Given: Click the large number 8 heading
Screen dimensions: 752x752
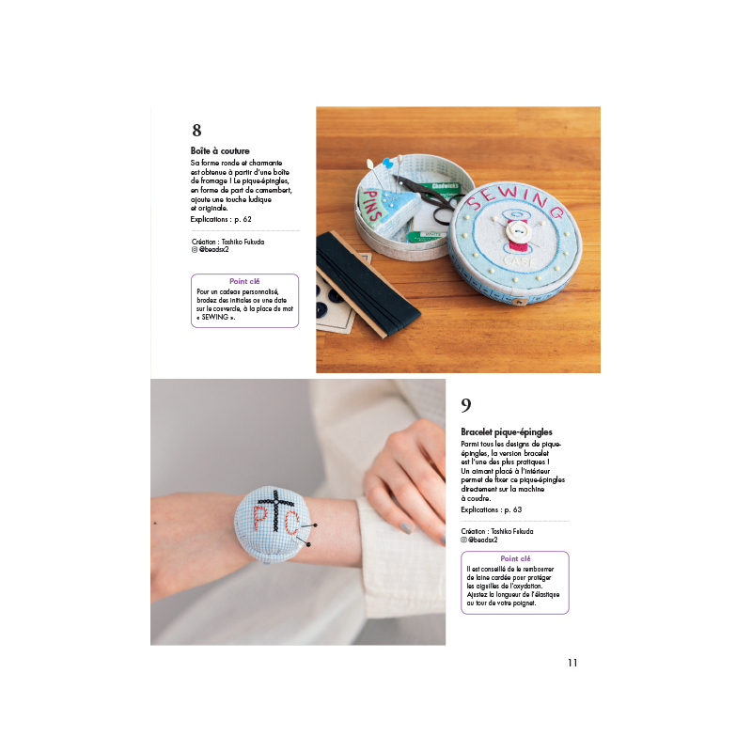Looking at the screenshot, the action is [x=196, y=131].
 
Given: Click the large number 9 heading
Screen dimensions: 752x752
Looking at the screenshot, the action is [x=466, y=405].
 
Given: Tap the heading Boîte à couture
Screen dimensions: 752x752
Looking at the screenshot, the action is [x=220, y=150].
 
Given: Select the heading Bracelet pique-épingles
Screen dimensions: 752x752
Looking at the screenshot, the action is [x=507, y=432].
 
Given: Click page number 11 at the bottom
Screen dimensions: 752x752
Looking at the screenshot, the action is [x=572, y=663].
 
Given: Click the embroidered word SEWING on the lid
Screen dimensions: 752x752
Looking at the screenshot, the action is [x=515, y=200].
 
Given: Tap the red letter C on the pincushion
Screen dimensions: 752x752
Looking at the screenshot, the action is [x=291, y=523].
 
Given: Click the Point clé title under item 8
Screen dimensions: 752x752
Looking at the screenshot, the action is [x=244, y=281].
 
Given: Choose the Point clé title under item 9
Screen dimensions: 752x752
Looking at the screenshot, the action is [x=515, y=558].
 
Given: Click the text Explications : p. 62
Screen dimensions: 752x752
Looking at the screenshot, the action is [x=221, y=219].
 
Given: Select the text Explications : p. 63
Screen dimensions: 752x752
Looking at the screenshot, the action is [x=491, y=509].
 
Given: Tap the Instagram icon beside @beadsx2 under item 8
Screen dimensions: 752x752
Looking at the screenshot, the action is [x=195, y=250].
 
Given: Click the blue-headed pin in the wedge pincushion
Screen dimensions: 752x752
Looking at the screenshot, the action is [x=388, y=164].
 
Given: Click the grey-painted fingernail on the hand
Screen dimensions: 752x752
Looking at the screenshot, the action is [x=406, y=528].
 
